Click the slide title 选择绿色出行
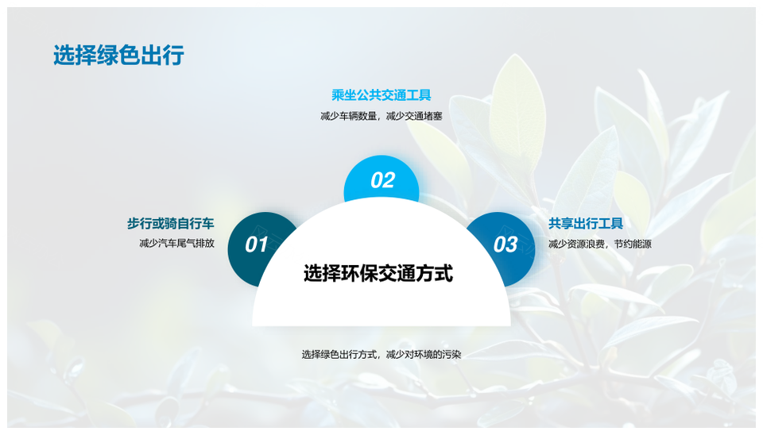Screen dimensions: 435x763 coord(118,56)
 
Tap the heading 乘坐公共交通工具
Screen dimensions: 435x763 coord(381,95)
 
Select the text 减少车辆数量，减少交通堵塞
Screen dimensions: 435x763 coord(381,116)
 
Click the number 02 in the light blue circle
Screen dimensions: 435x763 coord(382,180)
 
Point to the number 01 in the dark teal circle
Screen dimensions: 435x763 coord(256,244)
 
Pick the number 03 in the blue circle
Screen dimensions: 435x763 coord(505,244)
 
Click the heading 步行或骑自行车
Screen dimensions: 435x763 coord(170,224)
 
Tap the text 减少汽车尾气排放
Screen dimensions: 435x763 coord(176,244)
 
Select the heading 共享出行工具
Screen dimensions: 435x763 coord(586,224)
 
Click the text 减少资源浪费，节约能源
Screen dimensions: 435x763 coord(600,244)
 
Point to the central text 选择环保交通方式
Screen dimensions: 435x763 coord(378,274)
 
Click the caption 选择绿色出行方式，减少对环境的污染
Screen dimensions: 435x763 coord(381,354)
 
